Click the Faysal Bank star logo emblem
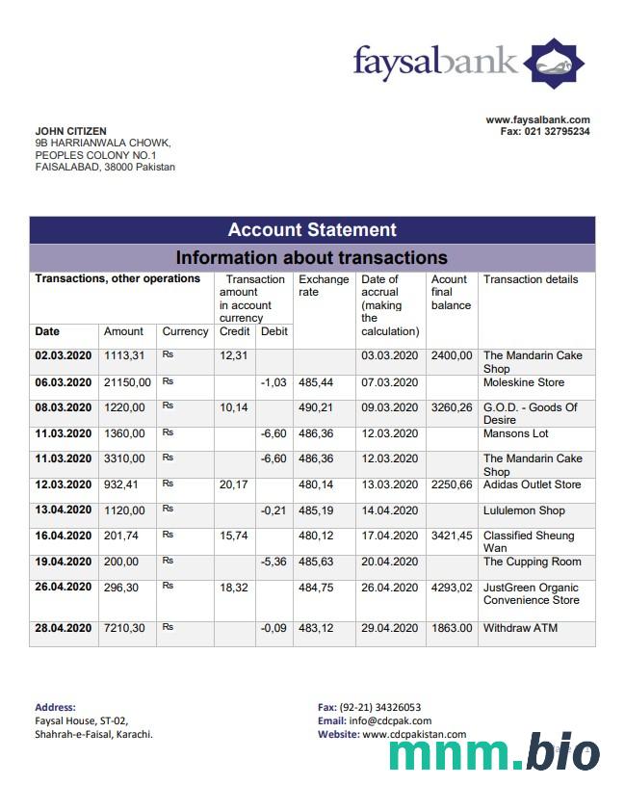554,64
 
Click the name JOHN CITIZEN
71,131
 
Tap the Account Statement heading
312,229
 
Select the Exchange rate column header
324,285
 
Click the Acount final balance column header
451,292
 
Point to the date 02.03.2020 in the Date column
63,355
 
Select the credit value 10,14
233,407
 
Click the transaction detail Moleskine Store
524,382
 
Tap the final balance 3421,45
452,535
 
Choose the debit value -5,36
273,561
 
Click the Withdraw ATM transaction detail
520,628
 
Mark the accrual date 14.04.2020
390,510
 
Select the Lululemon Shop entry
524,510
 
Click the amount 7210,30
124,628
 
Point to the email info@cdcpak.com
389,720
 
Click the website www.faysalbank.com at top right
537,119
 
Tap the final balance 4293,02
452,587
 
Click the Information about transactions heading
312,257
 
